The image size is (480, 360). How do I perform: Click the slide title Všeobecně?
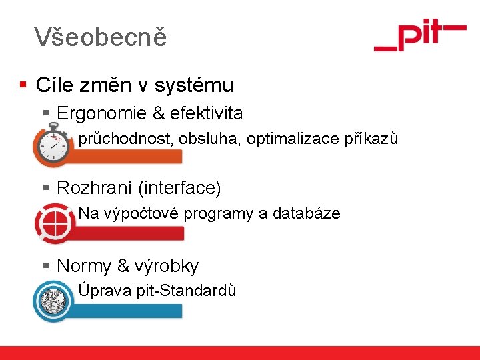coord(100,37)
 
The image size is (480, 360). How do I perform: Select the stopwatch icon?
coord(53,147)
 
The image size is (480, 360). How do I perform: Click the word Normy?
coord(84,266)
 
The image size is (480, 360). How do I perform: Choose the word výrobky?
coord(167,266)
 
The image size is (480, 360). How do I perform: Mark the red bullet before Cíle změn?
coord(23,85)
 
